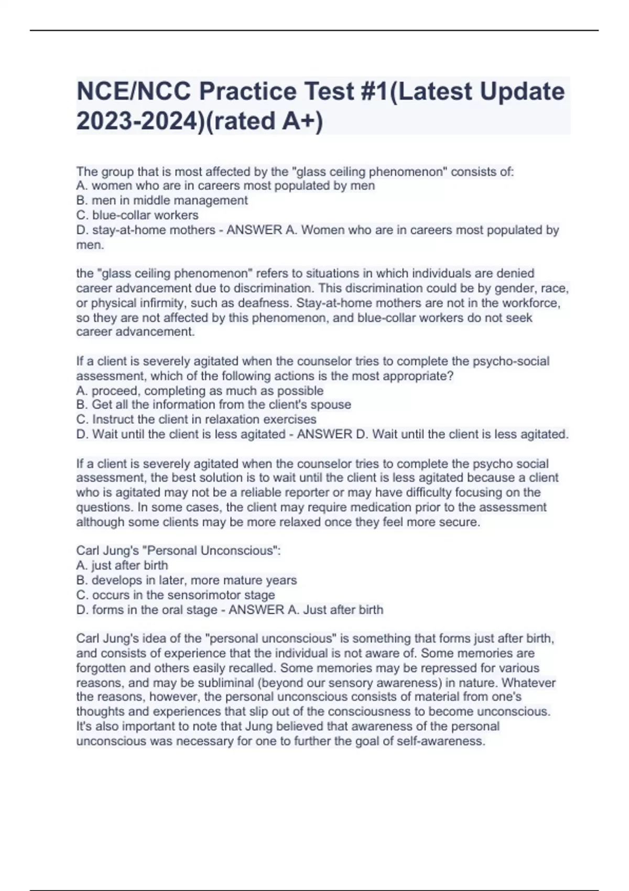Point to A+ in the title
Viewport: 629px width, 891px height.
(299, 121)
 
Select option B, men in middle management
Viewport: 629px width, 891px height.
(162, 201)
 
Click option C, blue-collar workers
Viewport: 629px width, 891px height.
(137, 215)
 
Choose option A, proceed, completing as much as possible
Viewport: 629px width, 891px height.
(200, 390)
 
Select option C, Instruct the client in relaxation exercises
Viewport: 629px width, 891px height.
(196, 420)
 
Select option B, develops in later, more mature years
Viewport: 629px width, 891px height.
(187, 581)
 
